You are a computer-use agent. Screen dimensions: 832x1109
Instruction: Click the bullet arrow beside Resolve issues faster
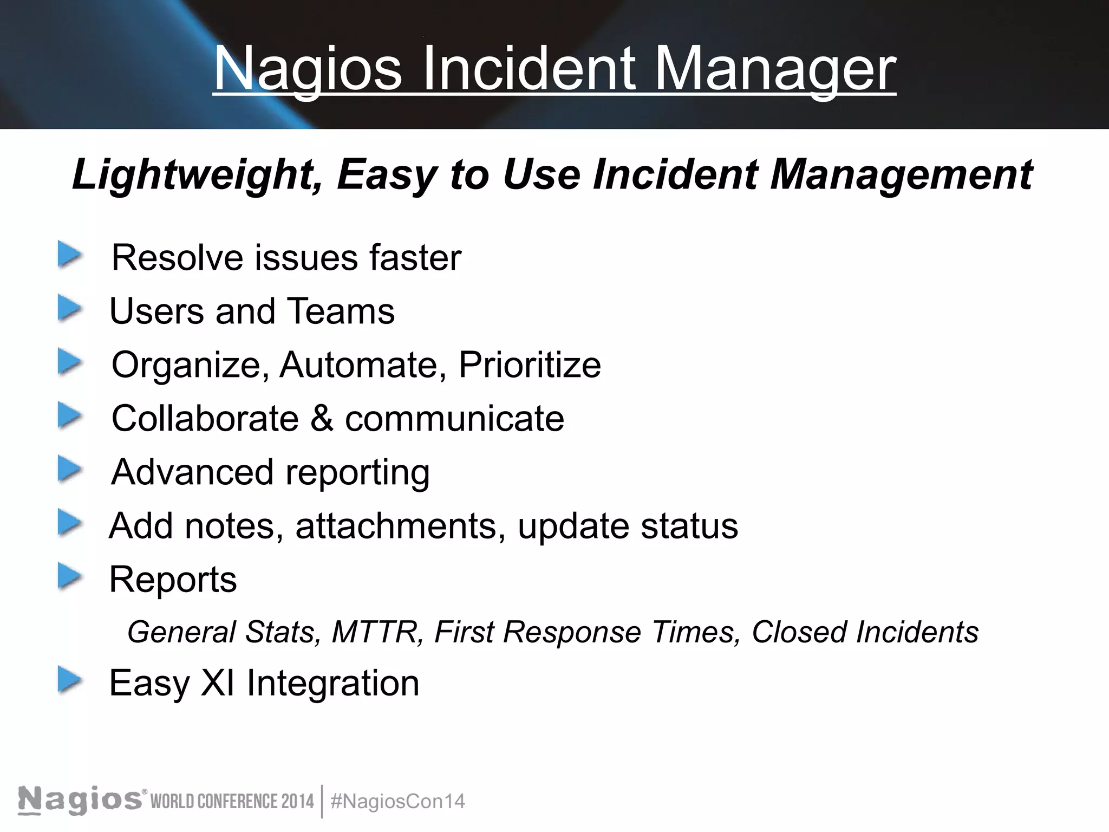pyautogui.click(x=70, y=255)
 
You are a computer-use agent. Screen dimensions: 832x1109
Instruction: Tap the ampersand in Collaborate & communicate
pyautogui.click(x=322, y=418)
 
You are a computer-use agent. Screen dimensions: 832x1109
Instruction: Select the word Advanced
pyautogui.click(x=192, y=472)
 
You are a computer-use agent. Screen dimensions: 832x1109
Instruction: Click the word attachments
pyautogui.click(x=396, y=525)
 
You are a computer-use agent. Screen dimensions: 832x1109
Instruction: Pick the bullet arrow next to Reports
pyautogui.click(x=70, y=577)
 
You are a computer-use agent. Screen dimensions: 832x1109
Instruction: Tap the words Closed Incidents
pyautogui.click(x=865, y=632)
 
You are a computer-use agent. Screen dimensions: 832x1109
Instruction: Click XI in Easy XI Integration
pyautogui.click(x=218, y=682)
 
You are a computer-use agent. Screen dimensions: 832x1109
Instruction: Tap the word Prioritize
pyautogui.click(x=530, y=365)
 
